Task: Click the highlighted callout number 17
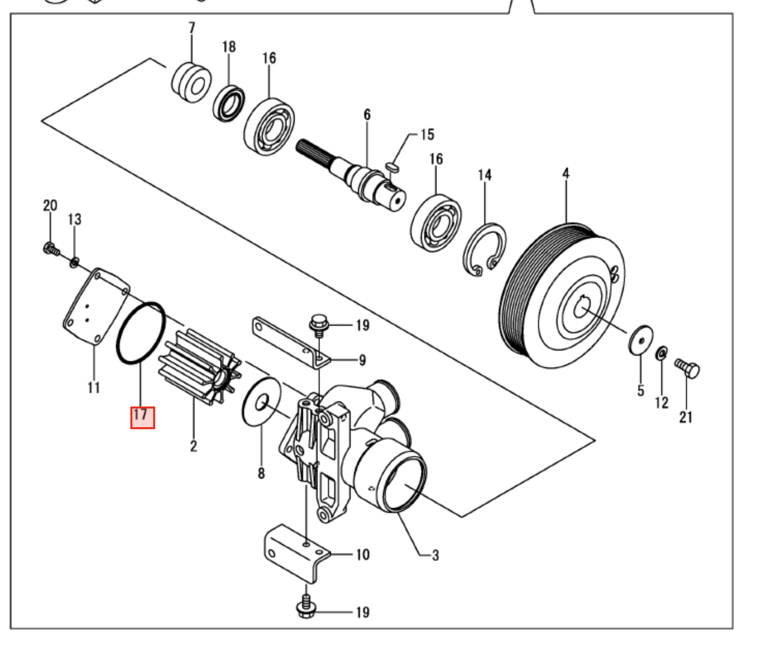[x=142, y=417]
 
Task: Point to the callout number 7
[x=192, y=27]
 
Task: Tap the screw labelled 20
[x=50, y=249]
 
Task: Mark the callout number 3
[x=435, y=555]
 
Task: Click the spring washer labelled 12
[x=661, y=354]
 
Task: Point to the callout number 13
[x=74, y=219]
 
